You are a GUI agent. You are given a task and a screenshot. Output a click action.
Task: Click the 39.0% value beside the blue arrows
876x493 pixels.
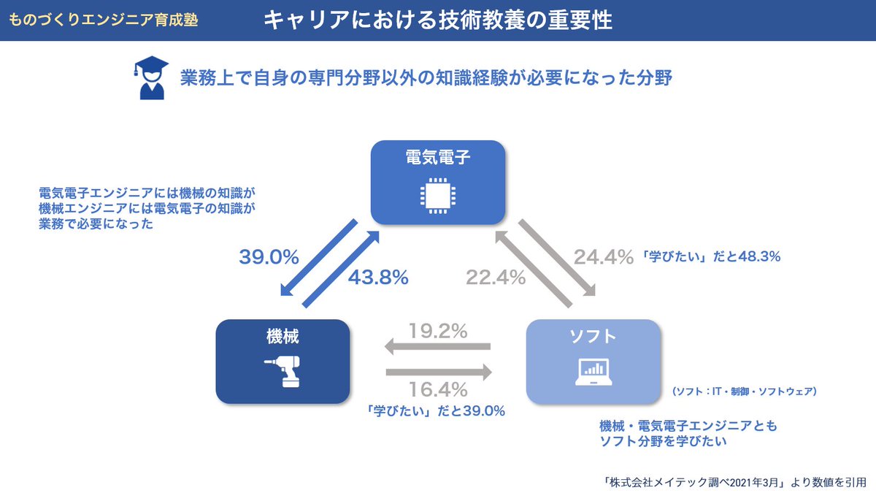click(x=269, y=256)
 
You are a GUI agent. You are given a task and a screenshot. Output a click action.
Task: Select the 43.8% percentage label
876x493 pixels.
click(x=377, y=278)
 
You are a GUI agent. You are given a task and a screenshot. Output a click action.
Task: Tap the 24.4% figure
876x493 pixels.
click(x=602, y=256)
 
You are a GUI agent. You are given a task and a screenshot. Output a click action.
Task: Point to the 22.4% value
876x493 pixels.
click(x=497, y=278)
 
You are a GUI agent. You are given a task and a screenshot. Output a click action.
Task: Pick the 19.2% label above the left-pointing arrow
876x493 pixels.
click(x=438, y=331)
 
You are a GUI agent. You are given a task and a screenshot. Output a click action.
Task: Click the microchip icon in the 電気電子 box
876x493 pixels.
click(x=437, y=194)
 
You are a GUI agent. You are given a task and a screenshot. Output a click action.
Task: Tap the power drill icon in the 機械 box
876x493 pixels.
click(x=283, y=372)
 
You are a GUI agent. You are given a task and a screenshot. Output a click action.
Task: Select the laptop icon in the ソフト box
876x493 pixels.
click(x=593, y=372)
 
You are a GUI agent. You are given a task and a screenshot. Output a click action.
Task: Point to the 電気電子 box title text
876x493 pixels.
click(x=437, y=156)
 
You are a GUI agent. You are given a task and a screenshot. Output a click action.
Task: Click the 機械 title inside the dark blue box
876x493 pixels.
click(x=283, y=337)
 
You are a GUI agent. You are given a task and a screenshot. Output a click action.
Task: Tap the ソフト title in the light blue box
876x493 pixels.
click(x=593, y=337)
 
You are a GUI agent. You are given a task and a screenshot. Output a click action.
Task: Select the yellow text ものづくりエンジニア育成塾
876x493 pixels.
click(x=104, y=20)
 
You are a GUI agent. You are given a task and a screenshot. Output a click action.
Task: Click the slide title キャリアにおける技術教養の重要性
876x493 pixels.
click(x=437, y=20)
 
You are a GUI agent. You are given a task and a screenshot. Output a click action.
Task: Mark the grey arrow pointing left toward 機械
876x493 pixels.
click(x=438, y=348)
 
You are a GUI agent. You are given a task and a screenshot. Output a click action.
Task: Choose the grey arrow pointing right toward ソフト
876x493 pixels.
click(x=438, y=371)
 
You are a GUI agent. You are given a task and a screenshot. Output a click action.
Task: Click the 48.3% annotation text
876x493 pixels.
click(x=710, y=256)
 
